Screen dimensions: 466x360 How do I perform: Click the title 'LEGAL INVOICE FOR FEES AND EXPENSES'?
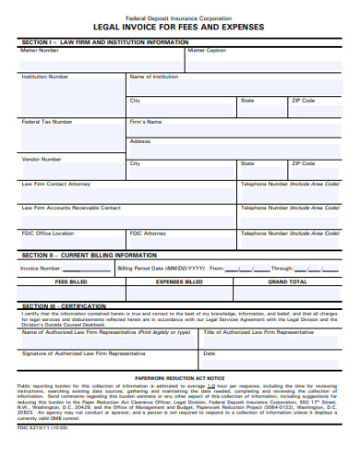point(179,28)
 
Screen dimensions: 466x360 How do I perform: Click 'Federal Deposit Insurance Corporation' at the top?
point(179,18)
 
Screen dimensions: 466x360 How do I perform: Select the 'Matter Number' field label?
point(40,51)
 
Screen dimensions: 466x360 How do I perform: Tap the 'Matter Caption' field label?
point(207,51)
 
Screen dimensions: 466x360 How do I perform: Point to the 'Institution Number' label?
point(44,77)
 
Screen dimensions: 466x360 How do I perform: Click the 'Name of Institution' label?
point(154,77)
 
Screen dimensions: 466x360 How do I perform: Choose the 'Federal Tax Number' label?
point(46,121)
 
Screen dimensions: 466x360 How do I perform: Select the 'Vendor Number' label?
point(41,159)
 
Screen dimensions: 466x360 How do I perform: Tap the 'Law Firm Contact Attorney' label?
point(57,184)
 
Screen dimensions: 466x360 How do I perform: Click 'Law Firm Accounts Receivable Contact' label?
point(71,208)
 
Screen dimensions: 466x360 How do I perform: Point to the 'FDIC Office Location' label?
point(48,233)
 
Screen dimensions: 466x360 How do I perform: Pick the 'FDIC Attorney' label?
point(149,233)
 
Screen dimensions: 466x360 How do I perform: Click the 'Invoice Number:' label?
point(42,269)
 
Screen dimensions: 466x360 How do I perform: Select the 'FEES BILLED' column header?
point(71,281)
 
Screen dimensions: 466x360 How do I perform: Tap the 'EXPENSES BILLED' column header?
point(179,281)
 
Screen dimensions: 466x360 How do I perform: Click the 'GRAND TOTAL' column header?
point(287,281)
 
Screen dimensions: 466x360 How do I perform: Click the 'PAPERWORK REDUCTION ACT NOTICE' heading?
point(179,378)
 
